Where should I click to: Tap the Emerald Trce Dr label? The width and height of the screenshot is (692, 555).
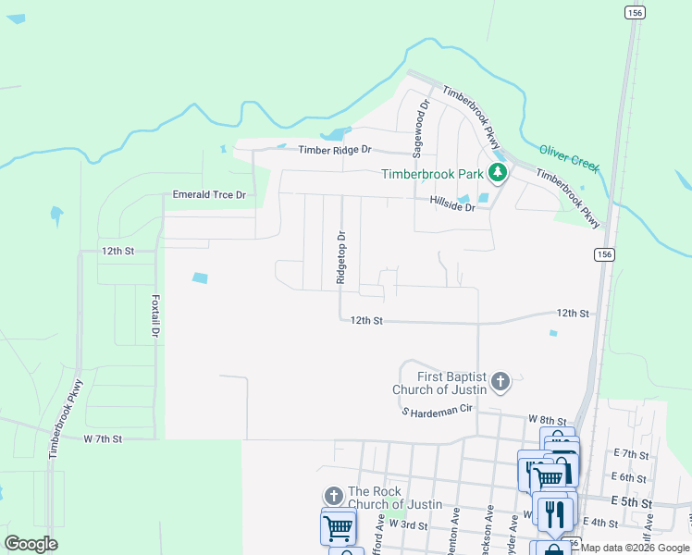(209, 195)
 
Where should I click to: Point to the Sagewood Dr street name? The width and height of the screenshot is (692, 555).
(421, 126)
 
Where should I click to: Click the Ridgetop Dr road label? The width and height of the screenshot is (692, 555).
(340, 258)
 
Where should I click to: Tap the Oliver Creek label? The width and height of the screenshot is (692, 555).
(569, 157)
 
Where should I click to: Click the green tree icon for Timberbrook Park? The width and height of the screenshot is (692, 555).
(497, 172)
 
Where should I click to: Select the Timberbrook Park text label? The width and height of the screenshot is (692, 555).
(433, 174)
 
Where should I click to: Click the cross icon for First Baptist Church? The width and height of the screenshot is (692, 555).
(500, 381)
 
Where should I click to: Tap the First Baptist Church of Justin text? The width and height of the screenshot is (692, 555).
(439, 383)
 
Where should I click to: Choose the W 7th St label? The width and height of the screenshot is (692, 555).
(103, 438)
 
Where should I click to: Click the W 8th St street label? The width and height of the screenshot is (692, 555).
(546, 420)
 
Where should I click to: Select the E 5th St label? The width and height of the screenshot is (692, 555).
(633, 501)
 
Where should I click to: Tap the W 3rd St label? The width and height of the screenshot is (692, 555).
(408, 524)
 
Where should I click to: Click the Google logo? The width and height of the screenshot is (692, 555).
(31, 544)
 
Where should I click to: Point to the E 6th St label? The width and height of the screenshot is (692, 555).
(629, 477)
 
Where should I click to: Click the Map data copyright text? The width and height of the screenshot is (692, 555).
(636, 549)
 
